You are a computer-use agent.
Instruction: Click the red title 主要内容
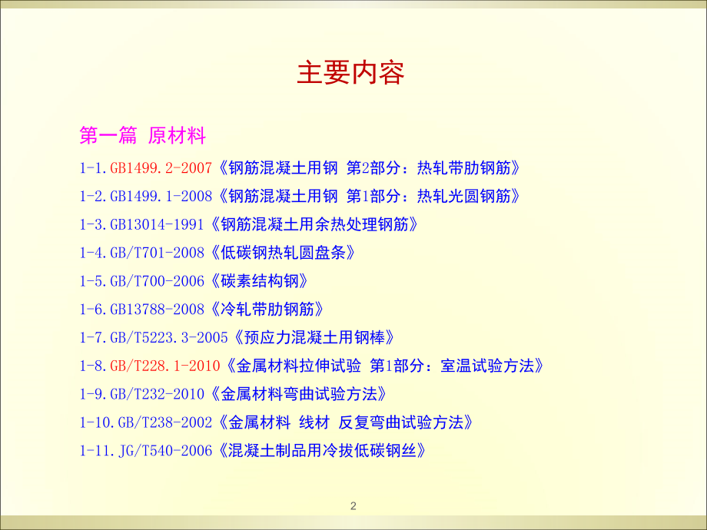[350, 73]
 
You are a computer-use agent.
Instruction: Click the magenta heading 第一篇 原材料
[143, 137]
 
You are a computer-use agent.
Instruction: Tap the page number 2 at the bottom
[353, 505]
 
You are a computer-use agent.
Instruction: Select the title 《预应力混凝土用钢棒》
[316, 337]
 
